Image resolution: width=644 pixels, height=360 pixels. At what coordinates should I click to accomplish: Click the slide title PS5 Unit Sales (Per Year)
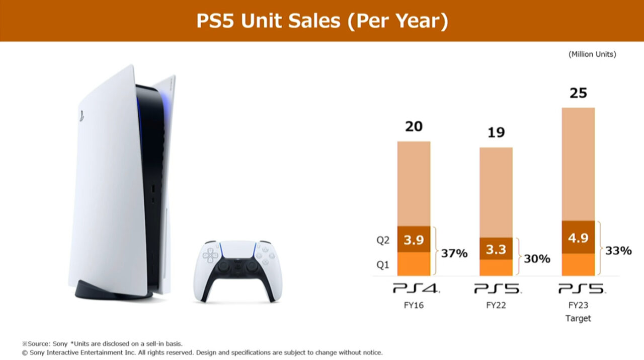322,21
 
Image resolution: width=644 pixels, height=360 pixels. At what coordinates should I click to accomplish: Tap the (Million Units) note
592,54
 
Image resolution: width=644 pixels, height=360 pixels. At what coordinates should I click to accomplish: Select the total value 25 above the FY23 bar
578,93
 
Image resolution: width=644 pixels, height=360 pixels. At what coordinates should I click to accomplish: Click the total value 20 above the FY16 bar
414,126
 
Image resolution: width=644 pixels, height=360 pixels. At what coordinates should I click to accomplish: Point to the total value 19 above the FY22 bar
496,132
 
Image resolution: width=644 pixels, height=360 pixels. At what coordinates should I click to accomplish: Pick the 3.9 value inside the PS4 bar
414,240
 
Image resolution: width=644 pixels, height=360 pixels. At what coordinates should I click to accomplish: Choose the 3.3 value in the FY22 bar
496,249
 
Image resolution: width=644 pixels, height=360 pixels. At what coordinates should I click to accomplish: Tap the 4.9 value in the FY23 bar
578,238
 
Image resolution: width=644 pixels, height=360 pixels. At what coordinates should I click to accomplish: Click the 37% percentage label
454,253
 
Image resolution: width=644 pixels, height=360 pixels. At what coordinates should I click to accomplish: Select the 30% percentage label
537,259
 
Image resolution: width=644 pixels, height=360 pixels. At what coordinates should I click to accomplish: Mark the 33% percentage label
618,250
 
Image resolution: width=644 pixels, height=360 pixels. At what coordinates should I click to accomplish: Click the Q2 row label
383,241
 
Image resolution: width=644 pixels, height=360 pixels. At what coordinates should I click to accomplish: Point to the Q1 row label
383,265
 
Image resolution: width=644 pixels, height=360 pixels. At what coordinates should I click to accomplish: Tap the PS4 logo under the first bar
416,289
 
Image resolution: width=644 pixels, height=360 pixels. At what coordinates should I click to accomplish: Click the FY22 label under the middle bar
496,305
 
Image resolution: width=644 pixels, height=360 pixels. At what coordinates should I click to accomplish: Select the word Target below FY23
578,318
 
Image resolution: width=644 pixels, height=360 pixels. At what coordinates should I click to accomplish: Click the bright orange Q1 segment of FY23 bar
578,264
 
